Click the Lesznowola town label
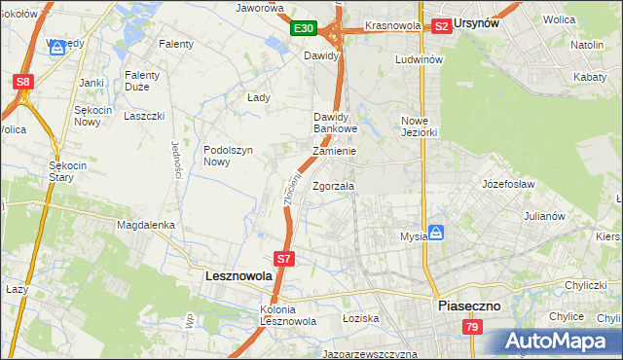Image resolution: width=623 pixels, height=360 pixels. [x=239, y=276]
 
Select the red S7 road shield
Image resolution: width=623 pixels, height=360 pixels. [x=283, y=259]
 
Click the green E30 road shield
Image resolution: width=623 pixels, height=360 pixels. [x=303, y=29]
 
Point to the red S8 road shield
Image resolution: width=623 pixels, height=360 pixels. [x=23, y=83]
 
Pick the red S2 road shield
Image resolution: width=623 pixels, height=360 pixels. [x=441, y=26]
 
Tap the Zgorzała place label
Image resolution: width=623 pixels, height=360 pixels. [x=334, y=186]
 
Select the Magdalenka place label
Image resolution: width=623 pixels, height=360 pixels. [x=145, y=225]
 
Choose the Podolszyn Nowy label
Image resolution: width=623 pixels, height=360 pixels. [x=229, y=156]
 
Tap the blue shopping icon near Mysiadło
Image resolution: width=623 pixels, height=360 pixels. [x=437, y=233]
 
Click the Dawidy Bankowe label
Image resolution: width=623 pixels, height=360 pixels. [x=336, y=123]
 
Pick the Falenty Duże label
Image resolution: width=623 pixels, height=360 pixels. [x=148, y=81]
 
